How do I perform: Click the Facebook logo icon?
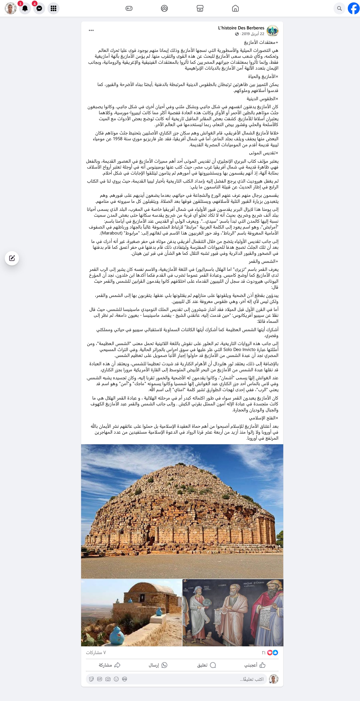(x=353, y=8)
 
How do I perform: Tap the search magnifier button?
(x=339, y=8)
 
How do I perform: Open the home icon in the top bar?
(x=235, y=8)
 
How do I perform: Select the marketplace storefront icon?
(x=200, y=8)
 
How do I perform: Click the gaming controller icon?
(x=129, y=8)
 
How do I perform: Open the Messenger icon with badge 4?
(x=39, y=8)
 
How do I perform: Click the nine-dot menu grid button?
(x=53, y=8)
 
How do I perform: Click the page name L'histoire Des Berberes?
(x=241, y=28)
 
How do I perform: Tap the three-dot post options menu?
(x=91, y=30)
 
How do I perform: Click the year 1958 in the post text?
(x=118, y=139)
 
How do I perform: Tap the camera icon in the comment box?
(x=108, y=679)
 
